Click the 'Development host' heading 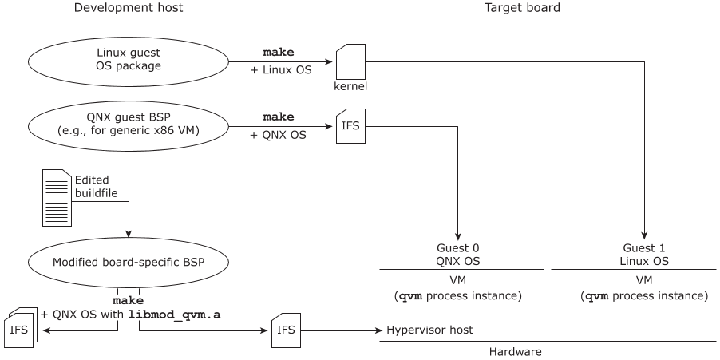point(128,8)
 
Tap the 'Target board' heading point(522,8)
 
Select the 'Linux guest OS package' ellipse point(128,60)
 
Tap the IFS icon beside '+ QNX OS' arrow point(350,125)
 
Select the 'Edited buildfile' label point(93,186)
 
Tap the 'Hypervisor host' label point(430,330)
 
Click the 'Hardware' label point(515,351)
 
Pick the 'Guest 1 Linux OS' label point(644,255)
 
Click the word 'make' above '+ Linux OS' point(279,52)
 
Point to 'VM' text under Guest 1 point(643,280)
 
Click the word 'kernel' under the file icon point(350,85)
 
